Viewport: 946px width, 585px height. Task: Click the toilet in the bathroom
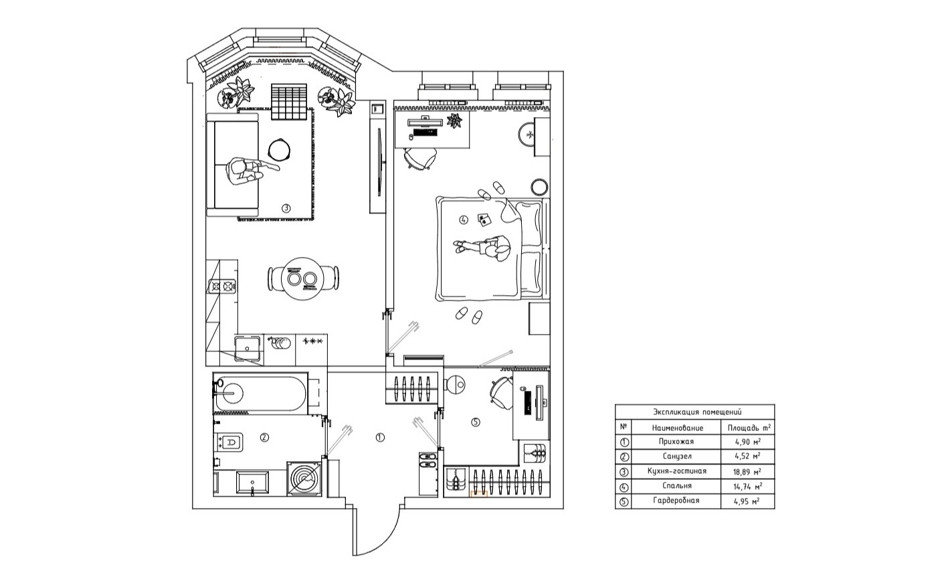(229, 442)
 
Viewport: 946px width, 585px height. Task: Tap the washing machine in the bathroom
(304, 479)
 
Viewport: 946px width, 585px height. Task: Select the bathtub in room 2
(260, 394)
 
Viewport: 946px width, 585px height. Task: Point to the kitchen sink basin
(248, 350)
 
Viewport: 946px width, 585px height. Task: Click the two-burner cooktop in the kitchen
(222, 286)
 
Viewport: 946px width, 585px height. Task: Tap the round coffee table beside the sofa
(279, 150)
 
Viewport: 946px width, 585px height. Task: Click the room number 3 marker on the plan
(286, 207)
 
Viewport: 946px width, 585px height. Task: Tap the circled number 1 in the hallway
(379, 438)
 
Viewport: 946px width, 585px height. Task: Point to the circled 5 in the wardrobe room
(475, 422)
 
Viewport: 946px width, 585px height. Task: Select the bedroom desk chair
(419, 159)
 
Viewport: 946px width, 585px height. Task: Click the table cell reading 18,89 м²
(747, 472)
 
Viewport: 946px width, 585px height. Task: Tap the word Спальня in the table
(677, 486)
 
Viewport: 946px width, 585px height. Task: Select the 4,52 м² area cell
(747, 456)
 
